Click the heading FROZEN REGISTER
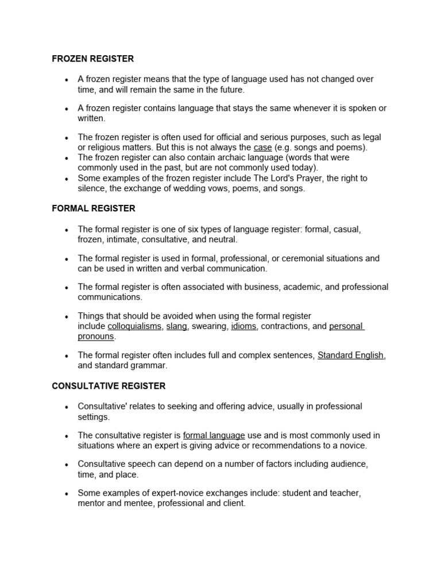point(92,59)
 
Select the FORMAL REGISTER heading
point(94,208)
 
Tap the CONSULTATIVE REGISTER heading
point(109,386)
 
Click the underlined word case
point(262,148)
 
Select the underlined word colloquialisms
point(134,327)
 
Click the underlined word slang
point(176,327)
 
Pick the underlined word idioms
point(244,327)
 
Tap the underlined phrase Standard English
point(350,355)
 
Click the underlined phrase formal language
point(214,435)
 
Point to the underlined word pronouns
point(96,336)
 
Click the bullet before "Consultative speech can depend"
point(67,465)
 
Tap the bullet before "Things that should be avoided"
point(67,316)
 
